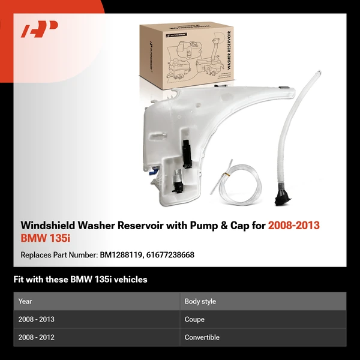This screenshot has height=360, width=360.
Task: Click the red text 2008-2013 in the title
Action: point(294,226)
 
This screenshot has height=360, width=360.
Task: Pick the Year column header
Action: point(25,301)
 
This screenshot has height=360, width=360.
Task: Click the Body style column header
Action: point(200,301)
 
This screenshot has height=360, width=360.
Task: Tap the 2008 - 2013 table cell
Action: point(37,319)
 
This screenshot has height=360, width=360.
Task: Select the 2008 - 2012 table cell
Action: point(37,337)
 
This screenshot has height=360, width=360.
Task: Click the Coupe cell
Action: point(194,319)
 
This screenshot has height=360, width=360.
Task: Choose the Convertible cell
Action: point(202,337)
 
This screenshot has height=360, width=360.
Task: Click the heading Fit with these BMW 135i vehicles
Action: point(80,280)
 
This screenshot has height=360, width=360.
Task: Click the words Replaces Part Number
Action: point(58,255)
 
